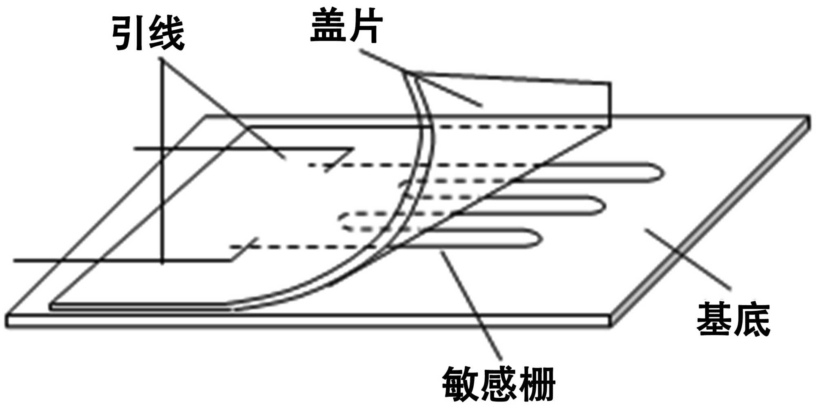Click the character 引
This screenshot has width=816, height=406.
[130, 33]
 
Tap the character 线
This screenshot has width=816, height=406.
[166, 33]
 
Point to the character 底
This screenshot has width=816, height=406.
[752, 319]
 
